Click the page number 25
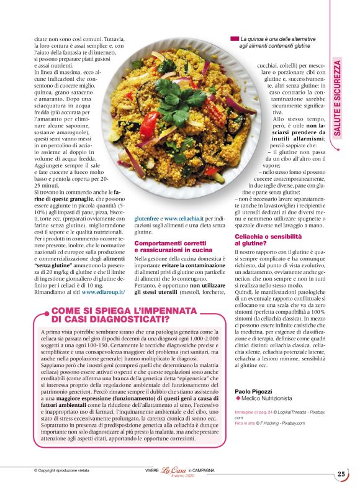click(x=341, y=474)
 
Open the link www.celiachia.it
click(x=186, y=219)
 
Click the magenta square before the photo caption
click(x=234, y=38)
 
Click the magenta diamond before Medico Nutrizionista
click(x=238, y=399)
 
